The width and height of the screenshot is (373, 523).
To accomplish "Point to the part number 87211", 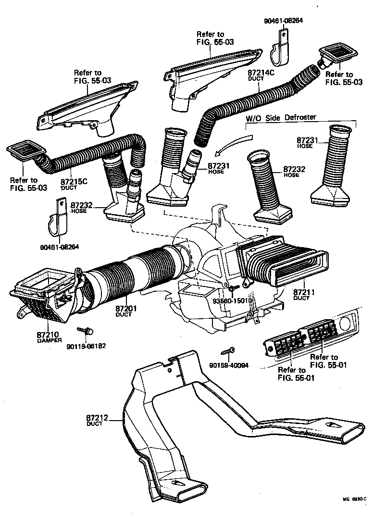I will click(304, 292).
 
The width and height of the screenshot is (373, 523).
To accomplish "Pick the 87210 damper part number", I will click(47, 334).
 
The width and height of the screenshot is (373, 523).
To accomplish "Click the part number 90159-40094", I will click(229, 365).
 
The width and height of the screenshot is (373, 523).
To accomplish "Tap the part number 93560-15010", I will click(233, 301).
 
